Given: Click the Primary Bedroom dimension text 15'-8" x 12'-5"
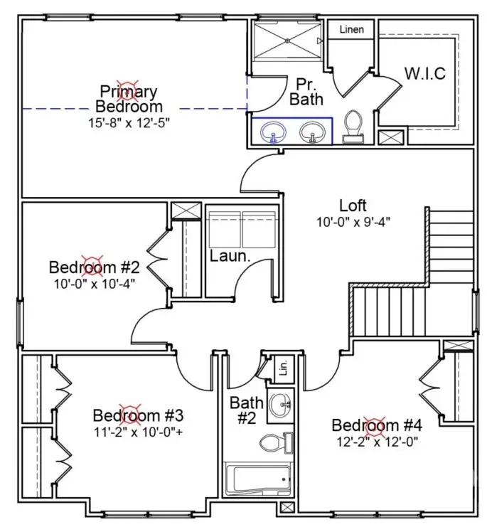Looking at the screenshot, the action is [129, 122].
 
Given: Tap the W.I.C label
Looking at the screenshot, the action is [425, 73].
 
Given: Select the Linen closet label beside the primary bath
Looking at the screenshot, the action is [351, 30].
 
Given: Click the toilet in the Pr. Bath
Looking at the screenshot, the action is [353, 127].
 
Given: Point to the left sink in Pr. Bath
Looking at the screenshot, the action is [274, 132].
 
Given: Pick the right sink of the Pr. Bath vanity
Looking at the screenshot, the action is [313, 132].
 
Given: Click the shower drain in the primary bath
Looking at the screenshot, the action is [287, 41].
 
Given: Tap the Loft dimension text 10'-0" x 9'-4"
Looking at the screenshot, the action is [353, 222].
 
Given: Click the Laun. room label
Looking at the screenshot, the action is [230, 256].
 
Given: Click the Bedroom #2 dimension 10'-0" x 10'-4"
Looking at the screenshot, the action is [95, 284].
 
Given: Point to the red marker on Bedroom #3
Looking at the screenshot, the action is [131, 415].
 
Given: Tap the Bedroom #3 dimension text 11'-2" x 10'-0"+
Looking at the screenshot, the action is [138, 432].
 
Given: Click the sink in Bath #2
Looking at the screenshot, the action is [281, 405].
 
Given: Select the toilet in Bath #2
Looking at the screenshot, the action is [276, 442].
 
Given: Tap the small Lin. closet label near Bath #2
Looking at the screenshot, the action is [284, 368].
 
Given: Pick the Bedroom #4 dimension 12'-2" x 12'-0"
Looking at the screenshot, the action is [378, 442].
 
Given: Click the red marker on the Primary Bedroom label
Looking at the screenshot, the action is [127, 91].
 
